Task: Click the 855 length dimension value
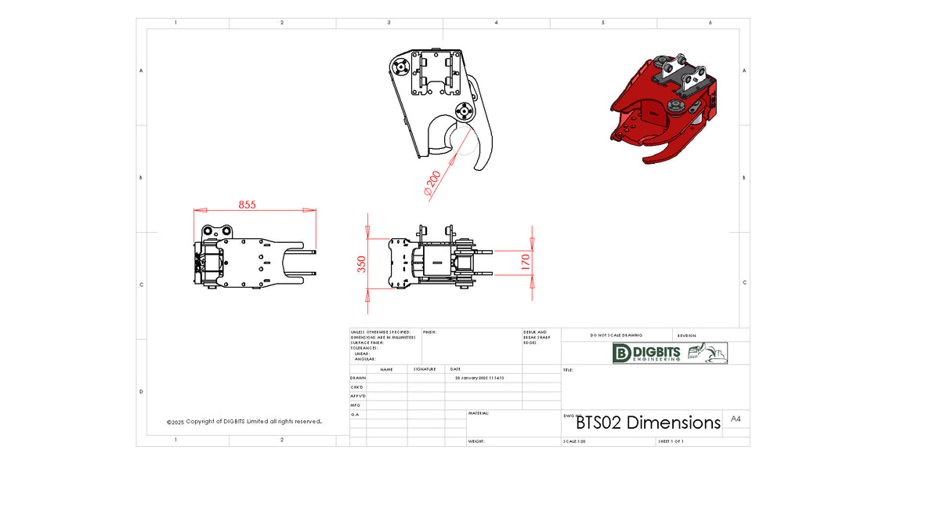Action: click(x=247, y=205)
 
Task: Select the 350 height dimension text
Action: click(x=361, y=265)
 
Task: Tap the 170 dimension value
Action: click(x=525, y=260)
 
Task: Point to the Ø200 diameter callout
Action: click(x=432, y=182)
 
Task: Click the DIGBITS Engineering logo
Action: click(x=670, y=353)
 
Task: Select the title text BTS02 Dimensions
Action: click(x=648, y=423)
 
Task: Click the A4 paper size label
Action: click(x=736, y=419)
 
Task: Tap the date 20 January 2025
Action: click(x=479, y=378)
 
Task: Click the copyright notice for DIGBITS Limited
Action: click(x=244, y=422)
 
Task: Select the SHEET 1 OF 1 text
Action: click(x=671, y=441)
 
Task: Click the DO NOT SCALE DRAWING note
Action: click(x=616, y=335)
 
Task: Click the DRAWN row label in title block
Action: click(x=358, y=378)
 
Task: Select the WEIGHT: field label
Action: click(x=477, y=441)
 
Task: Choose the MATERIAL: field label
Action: click(x=479, y=412)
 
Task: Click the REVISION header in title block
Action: click(x=686, y=335)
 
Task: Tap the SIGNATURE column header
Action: click(x=425, y=368)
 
